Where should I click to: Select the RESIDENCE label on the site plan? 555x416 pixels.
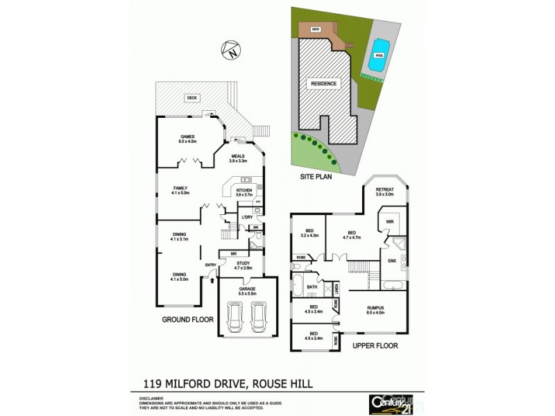(x=323, y=84)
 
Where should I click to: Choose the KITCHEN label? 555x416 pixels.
(x=244, y=192)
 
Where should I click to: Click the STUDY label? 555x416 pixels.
(x=242, y=264)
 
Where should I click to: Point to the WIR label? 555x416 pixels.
(x=390, y=223)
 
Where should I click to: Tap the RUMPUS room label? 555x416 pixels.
(x=376, y=309)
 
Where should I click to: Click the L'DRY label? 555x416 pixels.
(x=246, y=218)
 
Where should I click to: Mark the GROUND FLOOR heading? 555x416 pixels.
(x=187, y=320)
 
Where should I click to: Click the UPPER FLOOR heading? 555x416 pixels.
(x=375, y=345)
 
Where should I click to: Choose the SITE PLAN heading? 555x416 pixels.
(x=316, y=177)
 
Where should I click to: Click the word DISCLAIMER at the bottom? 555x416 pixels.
(x=143, y=398)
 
